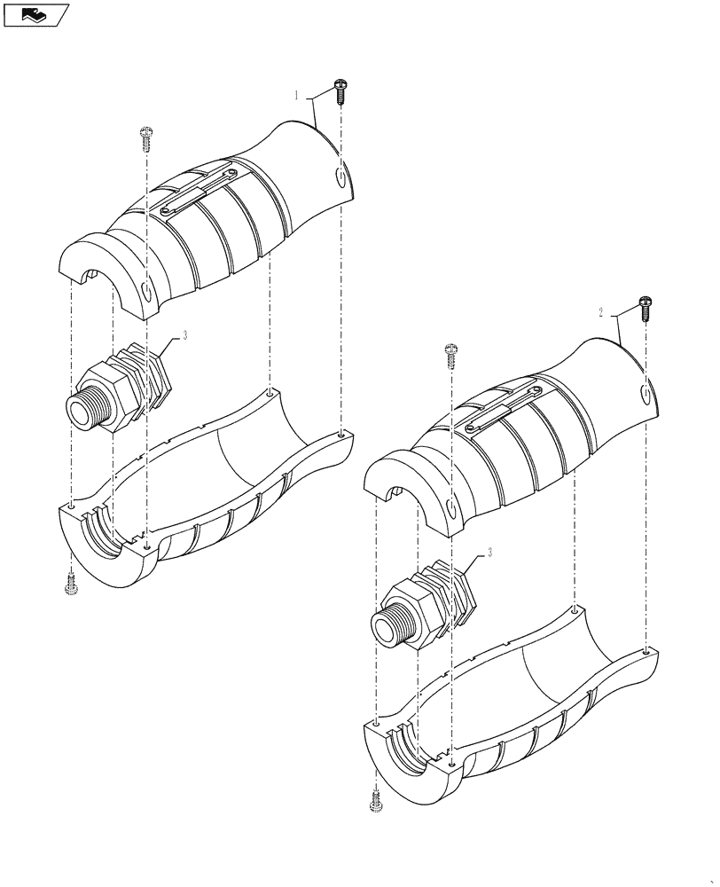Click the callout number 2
coord(601,312)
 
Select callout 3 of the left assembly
coord(185,335)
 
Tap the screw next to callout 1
coord(340,89)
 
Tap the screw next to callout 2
coord(645,309)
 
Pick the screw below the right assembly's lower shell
coord(376,802)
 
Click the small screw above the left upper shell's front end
coord(146,137)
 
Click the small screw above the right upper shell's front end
coord(451,355)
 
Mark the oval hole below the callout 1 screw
coord(343,178)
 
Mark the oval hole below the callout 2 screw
coord(646,395)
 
